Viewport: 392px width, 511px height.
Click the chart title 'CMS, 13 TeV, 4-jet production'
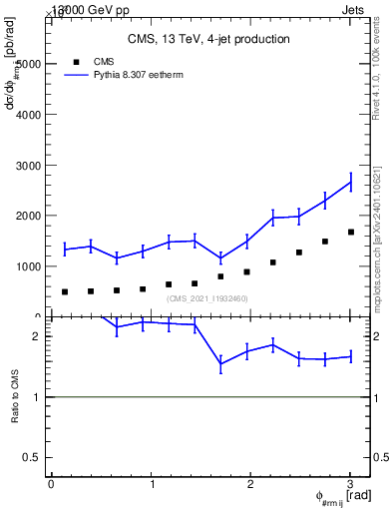tap(208, 39)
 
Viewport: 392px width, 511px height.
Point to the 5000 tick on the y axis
tap(27, 63)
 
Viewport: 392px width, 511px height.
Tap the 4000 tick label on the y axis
tap(27, 114)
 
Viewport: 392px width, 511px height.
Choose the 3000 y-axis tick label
tap(27, 165)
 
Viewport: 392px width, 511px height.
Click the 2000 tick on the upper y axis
tap(27, 216)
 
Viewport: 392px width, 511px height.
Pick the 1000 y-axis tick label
tap(27, 266)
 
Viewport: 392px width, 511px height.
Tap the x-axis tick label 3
tap(350, 484)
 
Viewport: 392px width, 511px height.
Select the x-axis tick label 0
tap(51, 484)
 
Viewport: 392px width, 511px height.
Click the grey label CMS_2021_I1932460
tap(207, 298)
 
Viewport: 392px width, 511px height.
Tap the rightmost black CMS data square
tap(350, 232)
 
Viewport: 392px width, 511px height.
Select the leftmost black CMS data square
tap(65, 291)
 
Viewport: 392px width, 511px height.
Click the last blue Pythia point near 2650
tap(350, 182)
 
